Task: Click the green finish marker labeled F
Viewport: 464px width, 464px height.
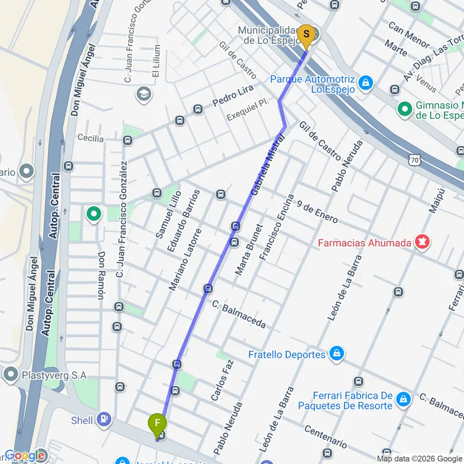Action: click(x=158, y=424)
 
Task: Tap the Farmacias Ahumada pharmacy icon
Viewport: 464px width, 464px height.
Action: click(x=423, y=243)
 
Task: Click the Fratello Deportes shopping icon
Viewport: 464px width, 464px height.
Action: click(x=336, y=354)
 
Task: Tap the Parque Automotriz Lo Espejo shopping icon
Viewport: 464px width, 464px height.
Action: click(x=366, y=82)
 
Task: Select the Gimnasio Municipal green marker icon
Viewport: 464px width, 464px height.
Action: click(x=405, y=109)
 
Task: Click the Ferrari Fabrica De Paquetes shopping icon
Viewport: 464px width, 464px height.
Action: click(x=403, y=400)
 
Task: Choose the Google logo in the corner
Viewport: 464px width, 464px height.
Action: click(x=25, y=455)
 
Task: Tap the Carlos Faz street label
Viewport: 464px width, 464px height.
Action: click(x=225, y=378)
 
